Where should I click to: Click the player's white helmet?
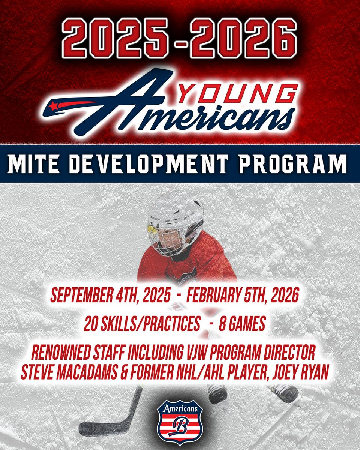[x=176, y=217]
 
